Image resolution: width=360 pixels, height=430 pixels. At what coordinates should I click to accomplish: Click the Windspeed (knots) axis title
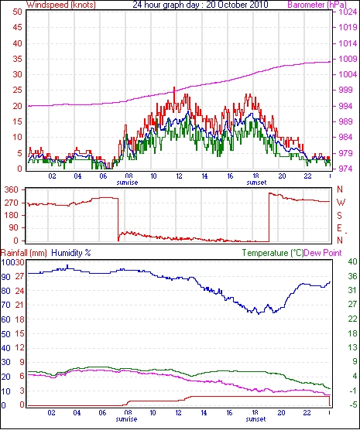coord(61,5)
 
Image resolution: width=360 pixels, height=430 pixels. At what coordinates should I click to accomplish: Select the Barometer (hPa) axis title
coord(317,5)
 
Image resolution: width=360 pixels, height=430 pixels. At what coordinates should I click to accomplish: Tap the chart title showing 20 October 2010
coord(201,5)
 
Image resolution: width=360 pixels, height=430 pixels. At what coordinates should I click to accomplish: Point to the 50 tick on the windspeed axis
coord(17,12)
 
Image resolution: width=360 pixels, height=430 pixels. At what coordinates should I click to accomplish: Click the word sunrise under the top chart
coord(127,183)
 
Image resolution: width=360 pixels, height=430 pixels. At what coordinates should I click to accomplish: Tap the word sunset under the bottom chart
coord(256,419)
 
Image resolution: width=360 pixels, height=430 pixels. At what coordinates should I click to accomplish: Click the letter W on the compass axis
coord(341,203)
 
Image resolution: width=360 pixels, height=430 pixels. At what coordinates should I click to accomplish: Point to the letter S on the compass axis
coord(340,216)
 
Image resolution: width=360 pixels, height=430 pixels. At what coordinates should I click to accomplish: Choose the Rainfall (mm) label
coord(24,253)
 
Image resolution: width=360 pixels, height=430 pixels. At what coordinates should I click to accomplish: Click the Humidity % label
coord(71,253)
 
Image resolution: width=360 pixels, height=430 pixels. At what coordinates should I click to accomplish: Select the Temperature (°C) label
coord(273,253)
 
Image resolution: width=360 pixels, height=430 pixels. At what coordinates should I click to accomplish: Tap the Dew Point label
coord(323,253)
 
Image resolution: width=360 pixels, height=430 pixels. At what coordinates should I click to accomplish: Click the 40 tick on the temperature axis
coord(352,262)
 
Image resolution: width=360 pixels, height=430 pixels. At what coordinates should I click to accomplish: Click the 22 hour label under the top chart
coord(307,176)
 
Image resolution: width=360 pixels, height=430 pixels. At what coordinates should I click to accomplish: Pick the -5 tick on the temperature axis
coord(352,404)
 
